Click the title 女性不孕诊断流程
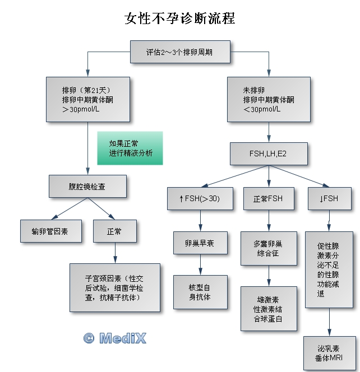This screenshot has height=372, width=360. tap(179, 18)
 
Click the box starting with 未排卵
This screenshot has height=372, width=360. tap(269, 99)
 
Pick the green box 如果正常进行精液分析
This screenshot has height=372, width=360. tap(130, 148)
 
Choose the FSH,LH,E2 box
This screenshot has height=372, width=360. tap(269, 153)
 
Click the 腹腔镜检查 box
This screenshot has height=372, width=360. tap(87, 186)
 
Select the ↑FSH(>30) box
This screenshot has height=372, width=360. tap(200, 198)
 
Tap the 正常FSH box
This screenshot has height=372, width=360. tap(268, 198)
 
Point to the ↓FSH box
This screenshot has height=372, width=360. tap(330, 198)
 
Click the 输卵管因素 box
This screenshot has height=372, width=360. tap(49, 230)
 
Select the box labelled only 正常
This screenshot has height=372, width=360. tap(114, 230)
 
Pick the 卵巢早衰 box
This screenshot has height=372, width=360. tap(200, 244)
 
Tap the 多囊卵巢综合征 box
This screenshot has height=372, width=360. tap(268, 248)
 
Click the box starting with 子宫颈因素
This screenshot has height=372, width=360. tap(115, 287)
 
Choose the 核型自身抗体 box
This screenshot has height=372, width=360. tap(200, 292)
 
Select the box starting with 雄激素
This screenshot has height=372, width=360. tap(268, 308)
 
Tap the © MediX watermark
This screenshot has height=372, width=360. tap(114, 338)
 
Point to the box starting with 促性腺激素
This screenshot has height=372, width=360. tap(329, 269)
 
